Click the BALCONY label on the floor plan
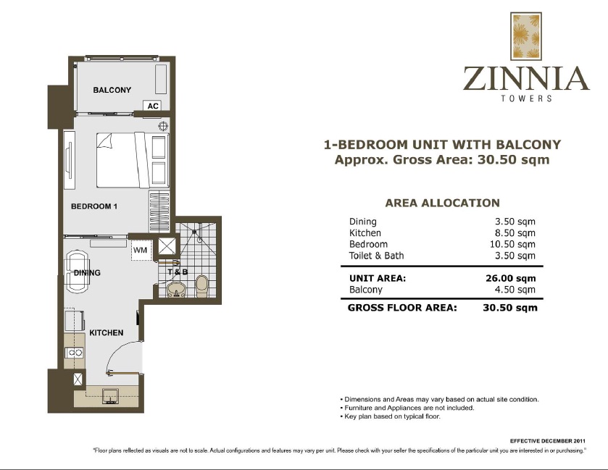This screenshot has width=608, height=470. click(x=112, y=91)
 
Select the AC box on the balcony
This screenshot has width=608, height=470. click(x=152, y=106)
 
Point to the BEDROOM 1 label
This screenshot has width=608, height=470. click(x=93, y=206)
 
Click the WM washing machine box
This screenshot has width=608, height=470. click(x=140, y=251)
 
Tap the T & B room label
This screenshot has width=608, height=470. click(x=178, y=272)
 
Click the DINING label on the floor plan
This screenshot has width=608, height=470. click(x=87, y=273)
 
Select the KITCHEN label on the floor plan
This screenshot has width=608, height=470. click(x=106, y=333)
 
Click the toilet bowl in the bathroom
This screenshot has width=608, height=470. click(x=202, y=285)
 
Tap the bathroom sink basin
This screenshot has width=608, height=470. click(x=175, y=291)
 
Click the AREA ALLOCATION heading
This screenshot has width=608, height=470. click(x=442, y=203)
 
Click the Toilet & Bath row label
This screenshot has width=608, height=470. click(x=376, y=256)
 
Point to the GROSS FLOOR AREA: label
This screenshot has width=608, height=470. click(x=402, y=308)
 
